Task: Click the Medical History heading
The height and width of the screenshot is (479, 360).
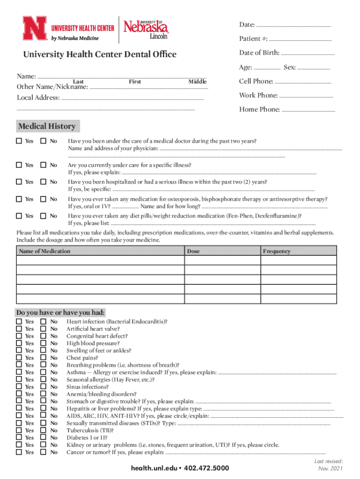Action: coord(47,126)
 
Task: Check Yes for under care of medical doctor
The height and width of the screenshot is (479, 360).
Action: coord(19,141)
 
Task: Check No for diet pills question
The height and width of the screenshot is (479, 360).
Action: coord(43,216)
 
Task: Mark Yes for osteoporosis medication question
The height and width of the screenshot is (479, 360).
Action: coord(19,199)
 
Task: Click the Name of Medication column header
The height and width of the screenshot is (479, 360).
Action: coord(45,251)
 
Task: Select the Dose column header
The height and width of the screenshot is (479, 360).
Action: coord(193,251)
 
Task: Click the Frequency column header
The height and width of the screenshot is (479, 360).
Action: coord(276,251)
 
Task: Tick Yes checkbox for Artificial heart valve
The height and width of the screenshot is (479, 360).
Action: coord(19,329)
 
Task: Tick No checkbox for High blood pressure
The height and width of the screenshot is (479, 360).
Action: coord(43,343)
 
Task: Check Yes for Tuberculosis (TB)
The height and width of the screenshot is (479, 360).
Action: coord(19,430)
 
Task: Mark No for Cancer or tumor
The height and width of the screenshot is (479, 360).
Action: coord(43,452)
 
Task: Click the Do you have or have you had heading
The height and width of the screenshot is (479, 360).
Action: coord(61,312)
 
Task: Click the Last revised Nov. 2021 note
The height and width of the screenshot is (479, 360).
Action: coord(330,464)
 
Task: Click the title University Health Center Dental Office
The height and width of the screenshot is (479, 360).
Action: coord(100,55)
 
